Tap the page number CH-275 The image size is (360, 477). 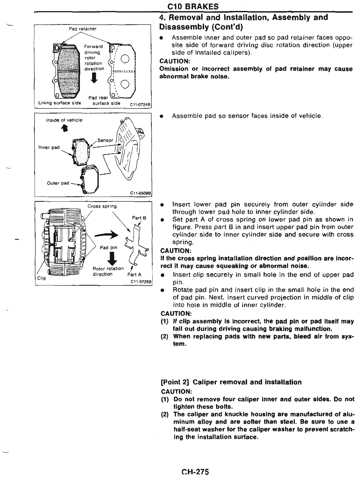pyautogui.click(x=195, y=472)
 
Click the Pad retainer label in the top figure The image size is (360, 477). pyautogui.click(x=83, y=29)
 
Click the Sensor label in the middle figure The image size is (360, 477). pyautogui.click(x=105, y=140)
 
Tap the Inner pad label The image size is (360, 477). pyautogui.click(x=49, y=147)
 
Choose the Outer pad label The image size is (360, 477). pyautogui.click(x=58, y=183)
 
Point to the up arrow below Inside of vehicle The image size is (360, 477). pyautogui.click(x=65, y=128)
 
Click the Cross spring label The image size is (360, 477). pyautogui.click(x=102, y=206)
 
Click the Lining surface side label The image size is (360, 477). pyautogui.click(x=60, y=103)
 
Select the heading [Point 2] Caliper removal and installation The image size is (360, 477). pyautogui.click(x=231, y=382)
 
